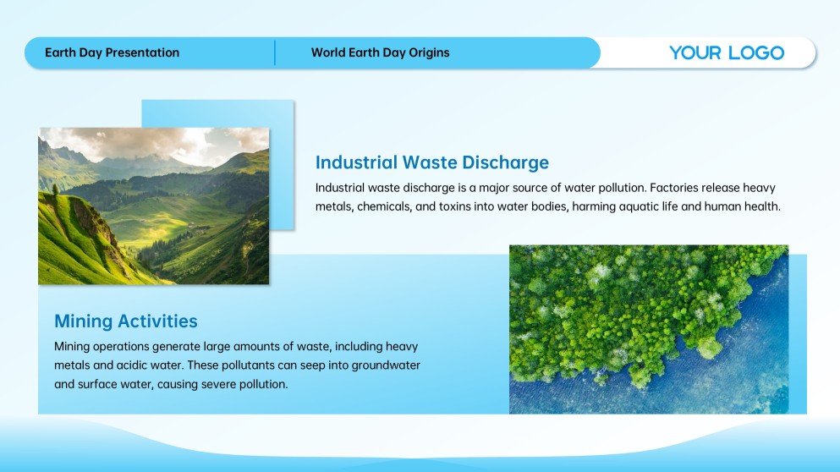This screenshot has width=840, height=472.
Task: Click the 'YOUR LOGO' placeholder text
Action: (x=727, y=52)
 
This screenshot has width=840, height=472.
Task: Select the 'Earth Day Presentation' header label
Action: (x=112, y=52)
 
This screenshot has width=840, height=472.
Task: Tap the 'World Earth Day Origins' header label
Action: (x=381, y=52)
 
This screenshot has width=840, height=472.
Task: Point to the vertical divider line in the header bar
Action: (x=275, y=52)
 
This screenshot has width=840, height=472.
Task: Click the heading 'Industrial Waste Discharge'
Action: (x=431, y=162)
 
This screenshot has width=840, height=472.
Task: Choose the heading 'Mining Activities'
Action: (x=126, y=321)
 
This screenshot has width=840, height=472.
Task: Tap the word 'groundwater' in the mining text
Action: (x=386, y=365)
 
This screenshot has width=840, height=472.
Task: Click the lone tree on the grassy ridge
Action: (x=56, y=189)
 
